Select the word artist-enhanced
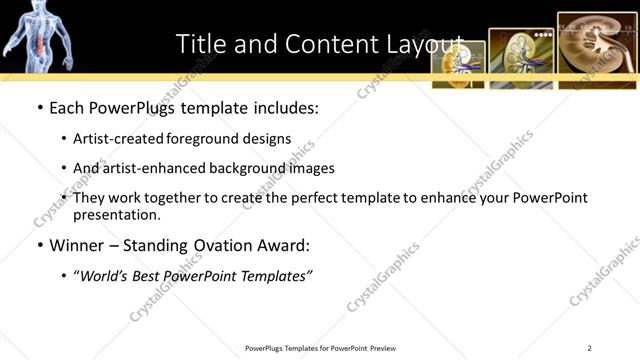click(159, 168)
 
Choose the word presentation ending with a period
click(117, 215)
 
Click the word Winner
click(78, 245)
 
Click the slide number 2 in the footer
click(590, 348)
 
